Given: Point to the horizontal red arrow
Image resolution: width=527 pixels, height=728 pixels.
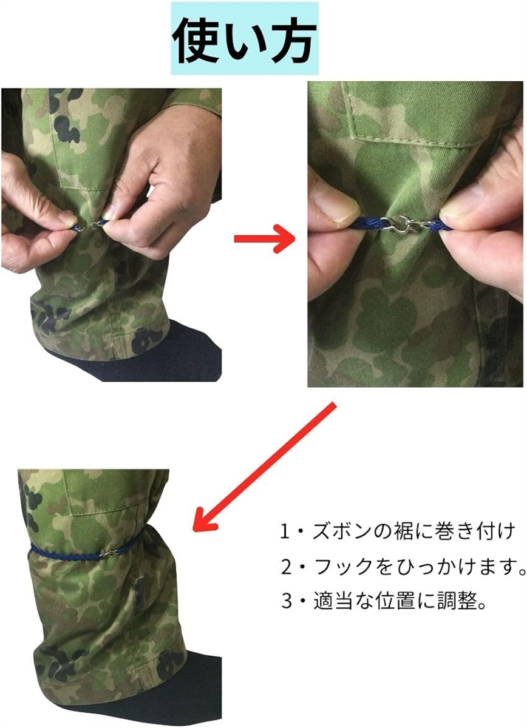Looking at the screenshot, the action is [x=264, y=240].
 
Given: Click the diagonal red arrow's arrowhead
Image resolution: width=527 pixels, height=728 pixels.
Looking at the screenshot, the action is [x=203, y=522].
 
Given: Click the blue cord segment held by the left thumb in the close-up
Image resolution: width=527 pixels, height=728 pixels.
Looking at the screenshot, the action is [x=369, y=224].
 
